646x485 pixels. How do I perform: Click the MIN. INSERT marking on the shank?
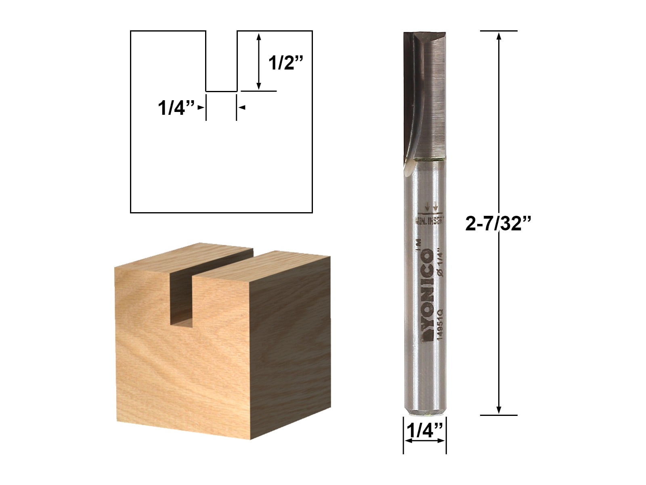point(430,221)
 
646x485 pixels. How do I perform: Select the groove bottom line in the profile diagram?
point(221,91)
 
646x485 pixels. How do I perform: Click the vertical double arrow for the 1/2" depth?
point(259,61)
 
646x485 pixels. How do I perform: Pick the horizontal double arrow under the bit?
point(425,441)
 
